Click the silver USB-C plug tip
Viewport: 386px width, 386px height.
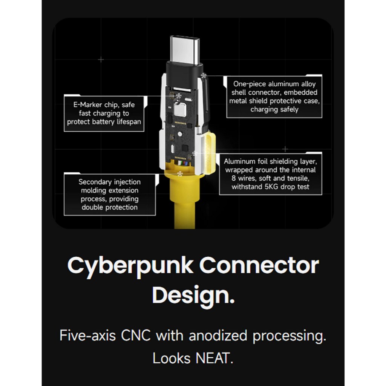[x=185, y=49]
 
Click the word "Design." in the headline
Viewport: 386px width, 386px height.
[x=193, y=296]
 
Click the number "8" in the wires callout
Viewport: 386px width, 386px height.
[x=234, y=178]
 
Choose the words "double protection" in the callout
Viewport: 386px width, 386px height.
[x=110, y=207]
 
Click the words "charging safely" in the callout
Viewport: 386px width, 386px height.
[x=274, y=109]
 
